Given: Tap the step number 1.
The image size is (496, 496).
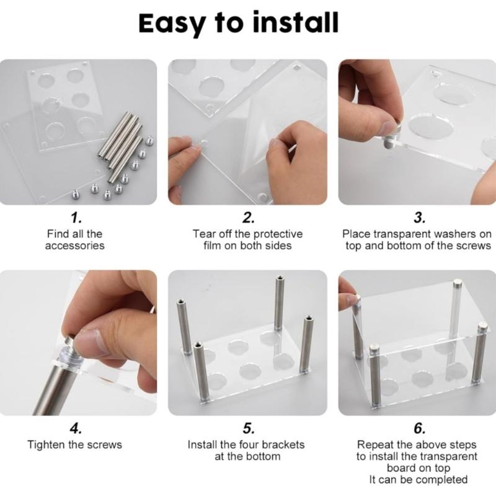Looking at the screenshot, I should click(76, 218).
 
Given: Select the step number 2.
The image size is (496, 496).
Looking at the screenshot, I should click(248, 218).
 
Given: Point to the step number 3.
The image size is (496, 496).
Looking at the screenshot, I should click(419, 218).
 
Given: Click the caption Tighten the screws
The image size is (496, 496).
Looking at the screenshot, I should click(75, 445).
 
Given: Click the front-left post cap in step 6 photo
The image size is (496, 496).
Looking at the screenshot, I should click(374, 350).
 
